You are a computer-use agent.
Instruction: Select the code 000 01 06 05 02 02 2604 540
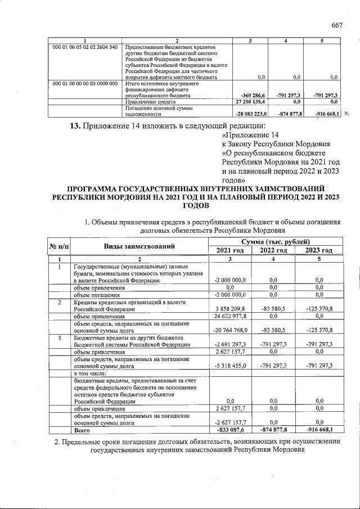(x=85, y=47)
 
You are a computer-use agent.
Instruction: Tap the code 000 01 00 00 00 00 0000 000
(x=85, y=84)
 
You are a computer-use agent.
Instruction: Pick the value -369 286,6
(x=254, y=96)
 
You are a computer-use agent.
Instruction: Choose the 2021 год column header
(x=230, y=250)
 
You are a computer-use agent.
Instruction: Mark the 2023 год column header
(x=318, y=250)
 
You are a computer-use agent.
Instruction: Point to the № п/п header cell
(x=59, y=246)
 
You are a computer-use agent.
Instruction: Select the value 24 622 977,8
(x=230, y=316)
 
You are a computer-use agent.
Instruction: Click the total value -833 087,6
(x=230, y=430)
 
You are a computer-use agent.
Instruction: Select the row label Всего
(x=83, y=430)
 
